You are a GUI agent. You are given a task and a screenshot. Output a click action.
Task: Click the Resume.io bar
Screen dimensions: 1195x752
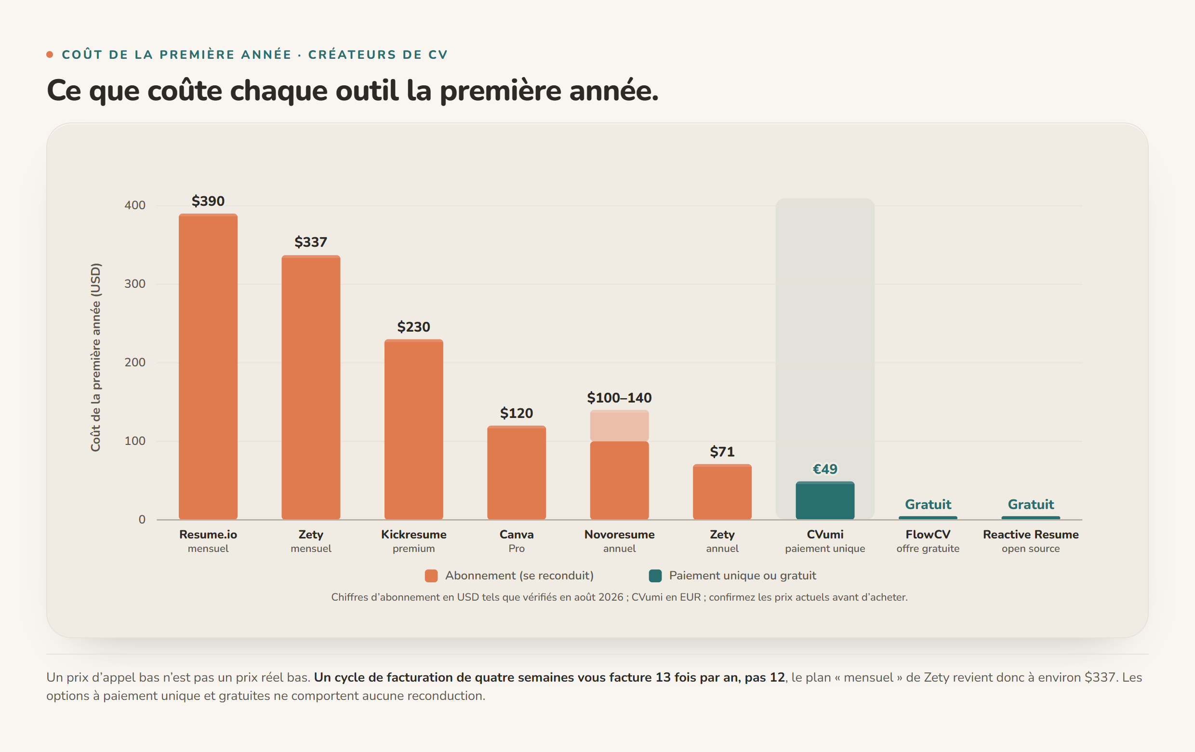[x=208, y=366]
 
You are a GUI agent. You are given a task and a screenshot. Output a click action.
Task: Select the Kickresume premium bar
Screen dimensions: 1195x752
[x=413, y=430]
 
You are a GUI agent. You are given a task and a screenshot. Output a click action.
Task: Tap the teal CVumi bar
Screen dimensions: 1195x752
[x=825, y=500]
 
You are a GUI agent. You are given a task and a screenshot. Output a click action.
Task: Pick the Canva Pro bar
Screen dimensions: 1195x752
[x=516, y=472]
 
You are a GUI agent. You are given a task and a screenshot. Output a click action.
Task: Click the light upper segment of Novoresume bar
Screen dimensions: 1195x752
[x=619, y=425]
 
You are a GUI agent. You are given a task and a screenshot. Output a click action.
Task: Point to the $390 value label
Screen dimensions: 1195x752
[x=208, y=201]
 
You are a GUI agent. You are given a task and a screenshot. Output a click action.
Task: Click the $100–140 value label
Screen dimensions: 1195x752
[x=619, y=398]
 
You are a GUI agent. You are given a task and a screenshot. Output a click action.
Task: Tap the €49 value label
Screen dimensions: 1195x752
[x=825, y=469]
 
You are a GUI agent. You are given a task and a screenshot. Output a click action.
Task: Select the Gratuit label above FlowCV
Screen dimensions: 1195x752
[x=928, y=504]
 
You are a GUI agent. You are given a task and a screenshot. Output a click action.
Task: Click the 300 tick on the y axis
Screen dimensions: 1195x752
[x=135, y=284]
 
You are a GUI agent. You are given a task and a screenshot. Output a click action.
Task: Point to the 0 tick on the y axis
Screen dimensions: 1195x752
[x=142, y=520]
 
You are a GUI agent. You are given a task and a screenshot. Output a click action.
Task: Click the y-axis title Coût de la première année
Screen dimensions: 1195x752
[x=95, y=357]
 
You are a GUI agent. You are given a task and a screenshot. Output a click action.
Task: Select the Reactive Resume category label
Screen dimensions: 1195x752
[x=1031, y=535]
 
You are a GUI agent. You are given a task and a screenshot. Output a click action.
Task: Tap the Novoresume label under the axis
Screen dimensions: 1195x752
[x=619, y=535]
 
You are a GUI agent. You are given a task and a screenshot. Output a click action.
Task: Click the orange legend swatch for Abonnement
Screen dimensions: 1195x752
[x=431, y=576]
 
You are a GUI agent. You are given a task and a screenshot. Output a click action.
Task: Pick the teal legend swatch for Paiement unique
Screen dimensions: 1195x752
[x=655, y=576]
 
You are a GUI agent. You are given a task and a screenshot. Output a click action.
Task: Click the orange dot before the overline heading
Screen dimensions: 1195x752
[x=50, y=54]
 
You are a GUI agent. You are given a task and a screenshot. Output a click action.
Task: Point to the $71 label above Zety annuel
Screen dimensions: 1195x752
[x=722, y=452]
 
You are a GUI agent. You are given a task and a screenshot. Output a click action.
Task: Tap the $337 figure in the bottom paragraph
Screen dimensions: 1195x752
[x=1100, y=678]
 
